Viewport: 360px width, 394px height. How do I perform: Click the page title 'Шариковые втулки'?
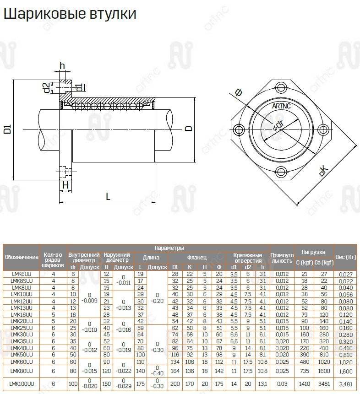click(70, 14)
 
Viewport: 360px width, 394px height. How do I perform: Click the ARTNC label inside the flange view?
click(281, 106)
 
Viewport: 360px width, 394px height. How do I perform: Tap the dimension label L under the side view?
click(108, 196)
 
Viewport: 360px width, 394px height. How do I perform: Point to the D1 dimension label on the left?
click(8, 129)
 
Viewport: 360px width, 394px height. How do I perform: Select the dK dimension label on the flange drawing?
click(324, 171)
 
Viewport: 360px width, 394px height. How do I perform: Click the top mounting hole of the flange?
click(281, 88)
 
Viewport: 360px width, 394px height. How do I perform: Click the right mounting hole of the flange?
click(323, 130)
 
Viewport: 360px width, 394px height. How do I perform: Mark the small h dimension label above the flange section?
click(62, 66)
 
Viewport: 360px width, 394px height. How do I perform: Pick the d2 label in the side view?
click(47, 88)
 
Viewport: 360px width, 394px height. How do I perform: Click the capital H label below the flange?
click(65, 185)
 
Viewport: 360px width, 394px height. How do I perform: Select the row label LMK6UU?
click(22, 274)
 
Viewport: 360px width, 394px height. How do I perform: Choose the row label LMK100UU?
click(22, 383)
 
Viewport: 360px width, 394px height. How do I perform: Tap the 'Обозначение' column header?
click(22, 257)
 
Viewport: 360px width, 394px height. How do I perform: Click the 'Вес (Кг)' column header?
click(346, 257)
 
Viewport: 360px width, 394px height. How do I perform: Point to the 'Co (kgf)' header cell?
click(324, 263)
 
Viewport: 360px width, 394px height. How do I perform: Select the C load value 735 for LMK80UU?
click(305, 371)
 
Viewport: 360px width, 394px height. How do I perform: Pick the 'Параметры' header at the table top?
click(169, 248)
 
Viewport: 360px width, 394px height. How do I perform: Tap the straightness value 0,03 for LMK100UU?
click(282, 384)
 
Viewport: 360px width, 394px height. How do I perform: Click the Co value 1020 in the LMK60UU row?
click(324, 362)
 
